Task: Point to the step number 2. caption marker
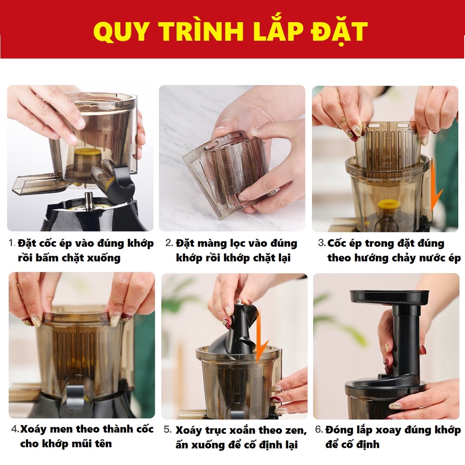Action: (169, 243)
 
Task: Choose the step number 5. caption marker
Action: (168, 430)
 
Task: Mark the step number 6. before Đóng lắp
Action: (319, 429)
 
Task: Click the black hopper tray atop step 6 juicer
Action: (389, 298)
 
